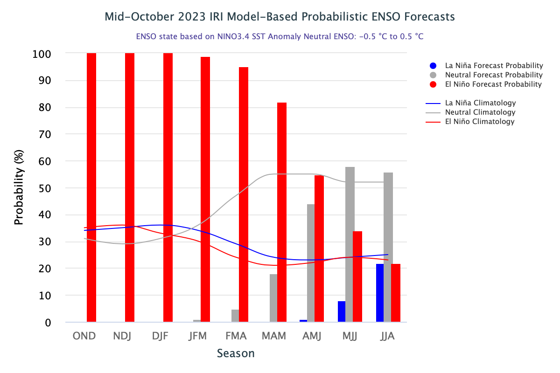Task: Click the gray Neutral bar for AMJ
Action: tap(311, 263)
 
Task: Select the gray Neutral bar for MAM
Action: tap(273, 298)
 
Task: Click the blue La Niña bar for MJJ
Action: tap(342, 311)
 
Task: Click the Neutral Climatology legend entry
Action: tap(480, 112)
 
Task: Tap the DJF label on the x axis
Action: tap(161, 336)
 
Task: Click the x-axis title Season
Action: tap(236, 353)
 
